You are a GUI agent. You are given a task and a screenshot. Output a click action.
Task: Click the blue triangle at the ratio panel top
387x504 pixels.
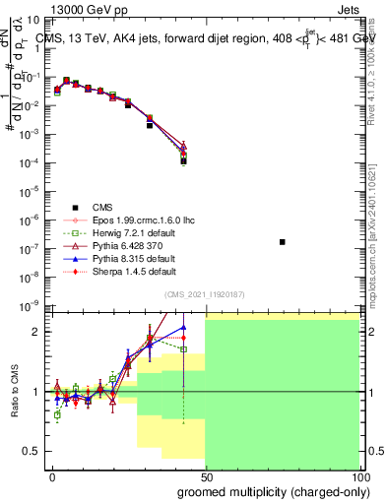[x=183, y=327]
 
